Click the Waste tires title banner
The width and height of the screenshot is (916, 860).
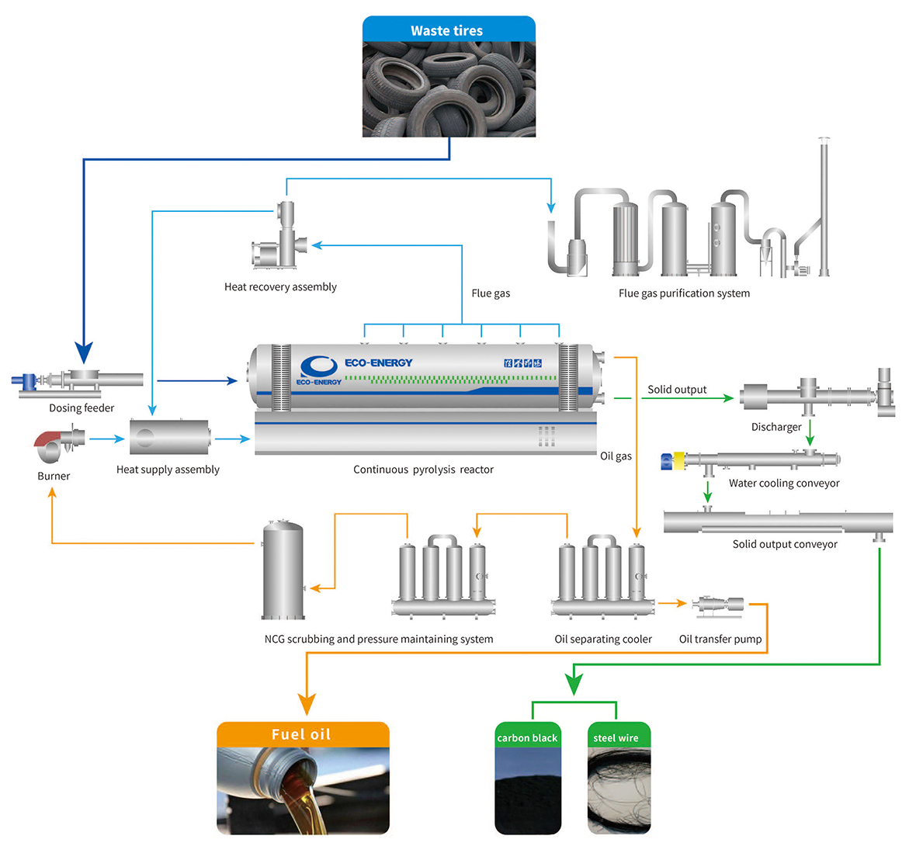[448, 30]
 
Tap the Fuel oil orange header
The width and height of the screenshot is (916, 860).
[302, 734]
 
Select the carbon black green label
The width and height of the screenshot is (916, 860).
[527, 737]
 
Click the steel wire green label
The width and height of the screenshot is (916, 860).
[616, 737]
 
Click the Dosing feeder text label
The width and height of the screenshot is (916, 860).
[82, 408]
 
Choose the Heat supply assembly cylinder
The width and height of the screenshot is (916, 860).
[169, 438]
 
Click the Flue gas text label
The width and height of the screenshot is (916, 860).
[491, 293]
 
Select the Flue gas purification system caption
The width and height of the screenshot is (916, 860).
[684, 293]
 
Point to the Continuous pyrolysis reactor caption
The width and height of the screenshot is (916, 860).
[423, 470]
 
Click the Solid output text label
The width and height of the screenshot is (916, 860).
[677, 390]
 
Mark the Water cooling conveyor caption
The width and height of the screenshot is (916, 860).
[784, 484]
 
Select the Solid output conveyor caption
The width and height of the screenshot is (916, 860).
[785, 544]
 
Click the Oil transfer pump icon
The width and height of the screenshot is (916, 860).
[720, 605]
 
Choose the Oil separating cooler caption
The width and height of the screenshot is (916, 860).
[603, 640]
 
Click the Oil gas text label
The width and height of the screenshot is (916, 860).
[616, 456]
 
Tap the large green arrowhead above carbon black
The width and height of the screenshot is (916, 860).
[574, 684]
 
